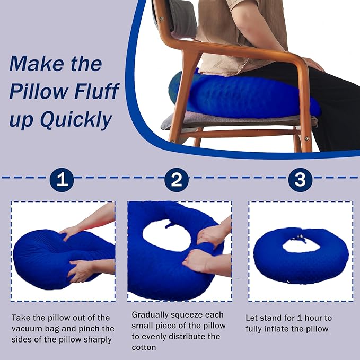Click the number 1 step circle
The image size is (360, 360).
click(x=62, y=181)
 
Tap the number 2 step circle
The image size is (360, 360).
click(x=177, y=181)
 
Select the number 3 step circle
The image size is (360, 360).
click(x=300, y=181)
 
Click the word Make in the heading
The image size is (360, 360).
click(x=36, y=65)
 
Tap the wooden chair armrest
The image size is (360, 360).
click(x=249, y=53)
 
